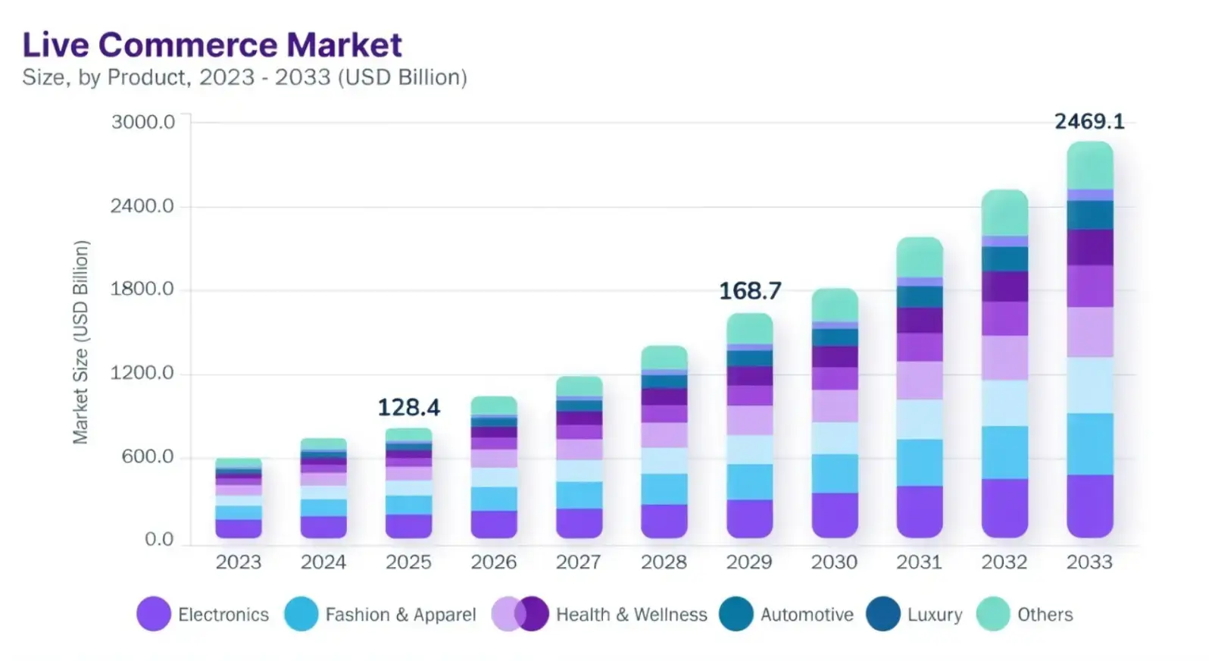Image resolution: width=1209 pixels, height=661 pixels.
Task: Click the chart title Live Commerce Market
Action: coord(212,45)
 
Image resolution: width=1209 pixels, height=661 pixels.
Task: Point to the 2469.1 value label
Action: coord(1089,121)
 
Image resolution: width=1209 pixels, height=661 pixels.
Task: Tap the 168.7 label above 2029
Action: coord(750,290)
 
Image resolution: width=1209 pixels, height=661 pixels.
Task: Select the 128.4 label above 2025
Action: coord(409,408)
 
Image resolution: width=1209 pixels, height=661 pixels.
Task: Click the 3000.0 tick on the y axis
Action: coord(143,122)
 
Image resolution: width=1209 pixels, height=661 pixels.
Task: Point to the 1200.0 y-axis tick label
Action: coord(142,373)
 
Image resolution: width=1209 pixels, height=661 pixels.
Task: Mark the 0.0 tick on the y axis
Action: coord(159,540)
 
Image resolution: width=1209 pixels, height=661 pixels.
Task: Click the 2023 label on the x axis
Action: coord(238,562)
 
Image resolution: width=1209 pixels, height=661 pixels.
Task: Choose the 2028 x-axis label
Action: coord(664,562)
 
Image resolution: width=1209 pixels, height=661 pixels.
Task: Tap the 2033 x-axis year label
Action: coord(1089,562)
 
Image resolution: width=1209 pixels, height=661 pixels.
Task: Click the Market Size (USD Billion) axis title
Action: coord(81,342)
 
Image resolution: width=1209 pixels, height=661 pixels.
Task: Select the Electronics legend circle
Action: coord(154,614)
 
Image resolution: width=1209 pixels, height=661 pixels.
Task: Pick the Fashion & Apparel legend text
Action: coord(401,615)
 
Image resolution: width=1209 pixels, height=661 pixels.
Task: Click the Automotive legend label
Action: coord(807,615)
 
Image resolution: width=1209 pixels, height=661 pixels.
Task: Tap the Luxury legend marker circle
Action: coord(883,614)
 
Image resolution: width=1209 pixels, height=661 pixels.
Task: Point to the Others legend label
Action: coord(1045,615)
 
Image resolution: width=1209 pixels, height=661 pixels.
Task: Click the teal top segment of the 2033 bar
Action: coord(1090,165)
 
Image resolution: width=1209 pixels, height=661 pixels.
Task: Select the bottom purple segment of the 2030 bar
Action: coord(835,515)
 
